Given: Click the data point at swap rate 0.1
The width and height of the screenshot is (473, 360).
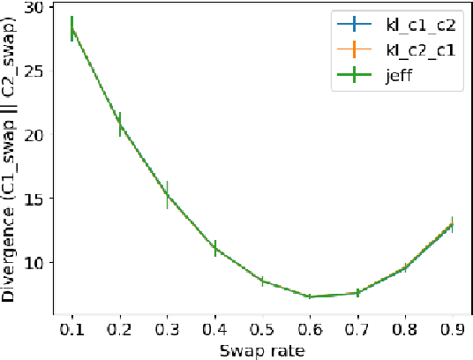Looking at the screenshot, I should point(71,28).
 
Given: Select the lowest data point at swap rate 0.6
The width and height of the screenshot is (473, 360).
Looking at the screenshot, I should point(310,296).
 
